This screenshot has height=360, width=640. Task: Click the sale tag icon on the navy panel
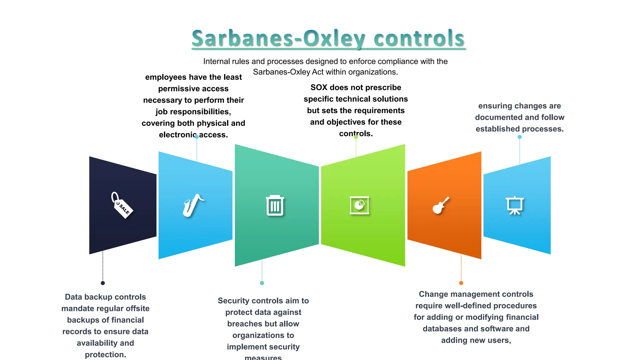122,205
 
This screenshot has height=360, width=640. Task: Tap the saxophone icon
193,205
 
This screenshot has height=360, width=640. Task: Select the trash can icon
275,206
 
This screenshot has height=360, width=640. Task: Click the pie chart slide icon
359,205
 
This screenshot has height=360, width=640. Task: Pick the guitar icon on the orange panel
441,205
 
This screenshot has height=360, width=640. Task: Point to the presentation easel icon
514,205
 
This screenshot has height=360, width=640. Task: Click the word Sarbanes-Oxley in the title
278,39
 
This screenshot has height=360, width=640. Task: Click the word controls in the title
419,39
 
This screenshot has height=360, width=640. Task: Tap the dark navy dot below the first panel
103,283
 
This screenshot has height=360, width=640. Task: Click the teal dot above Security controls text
262,283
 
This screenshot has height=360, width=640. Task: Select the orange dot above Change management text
461,283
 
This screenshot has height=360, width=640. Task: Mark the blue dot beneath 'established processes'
520,137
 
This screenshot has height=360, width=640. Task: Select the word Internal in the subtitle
216,61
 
